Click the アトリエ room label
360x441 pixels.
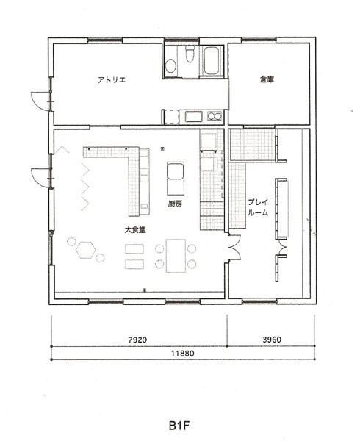[x=112, y=80]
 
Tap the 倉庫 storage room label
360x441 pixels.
[x=267, y=79]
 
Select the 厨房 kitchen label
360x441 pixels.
[x=175, y=204]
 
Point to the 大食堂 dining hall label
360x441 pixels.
[x=135, y=230]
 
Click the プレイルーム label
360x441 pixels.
[x=258, y=207]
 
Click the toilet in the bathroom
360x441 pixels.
[x=190, y=54]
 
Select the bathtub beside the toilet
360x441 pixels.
[x=212, y=60]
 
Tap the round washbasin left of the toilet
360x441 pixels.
[x=170, y=66]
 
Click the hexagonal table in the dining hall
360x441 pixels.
[x=85, y=250]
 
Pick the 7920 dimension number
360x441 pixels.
[x=137, y=340]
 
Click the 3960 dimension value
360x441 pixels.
[x=272, y=340]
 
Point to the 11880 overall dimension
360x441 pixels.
[x=183, y=354]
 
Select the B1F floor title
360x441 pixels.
[x=179, y=426]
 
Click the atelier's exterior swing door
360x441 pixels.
[x=40, y=101]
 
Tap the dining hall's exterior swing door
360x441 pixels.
[x=41, y=178]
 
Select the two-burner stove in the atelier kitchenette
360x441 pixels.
[x=215, y=115]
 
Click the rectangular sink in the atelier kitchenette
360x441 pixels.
[x=194, y=116]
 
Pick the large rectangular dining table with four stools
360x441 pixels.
[x=176, y=256]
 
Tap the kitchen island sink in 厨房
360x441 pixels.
[x=176, y=171]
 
